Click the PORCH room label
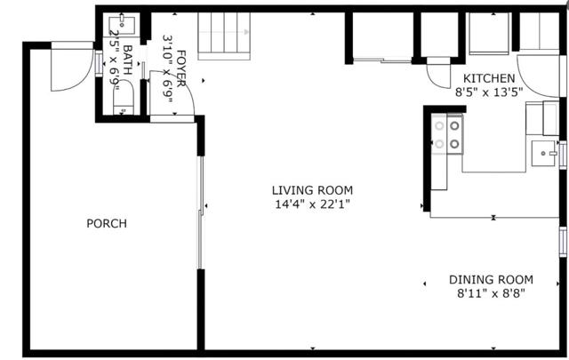pyautogui.click(x=107, y=223)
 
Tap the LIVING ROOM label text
pyautogui.click(x=312, y=190)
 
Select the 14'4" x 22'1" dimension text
pyautogui.click(x=312, y=204)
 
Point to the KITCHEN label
pyautogui.click(x=489, y=78)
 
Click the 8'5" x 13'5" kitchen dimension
pyautogui.click(x=489, y=92)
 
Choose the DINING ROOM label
pyautogui.click(x=492, y=280)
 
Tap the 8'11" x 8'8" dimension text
pyautogui.click(x=492, y=293)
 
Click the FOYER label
pyautogui.click(x=181, y=68)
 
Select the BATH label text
pyautogui.click(x=128, y=60)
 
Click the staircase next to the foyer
pyautogui.click(x=224, y=36)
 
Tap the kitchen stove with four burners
pyautogui.click(x=447, y=134)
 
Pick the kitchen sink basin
pyautogui.click(x=543, y=154)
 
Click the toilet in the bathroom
pyautogui.click(x=124, y=97)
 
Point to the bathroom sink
pyautogui.click(x=122, y=25)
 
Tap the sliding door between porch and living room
pyautogui.click(x=200, y=212)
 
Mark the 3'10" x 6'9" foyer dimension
pyautogui.click(x=168, y=68)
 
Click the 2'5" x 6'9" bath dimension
pyautogui.click(x=115, y=60)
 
